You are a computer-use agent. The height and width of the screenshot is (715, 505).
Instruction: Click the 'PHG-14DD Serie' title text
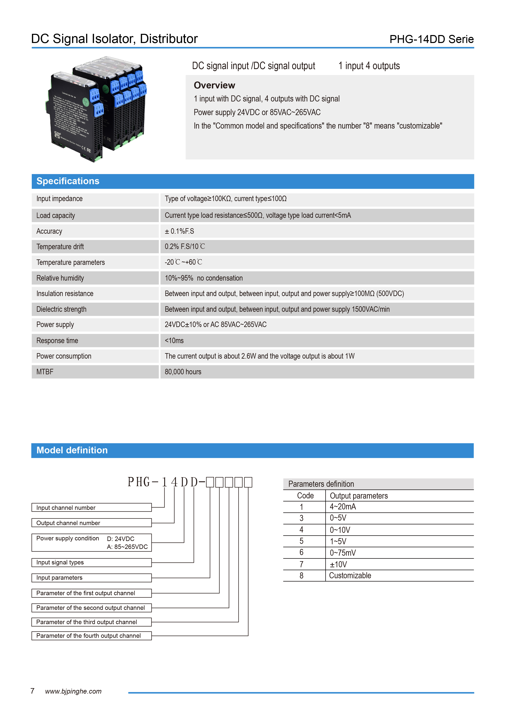(431, 39)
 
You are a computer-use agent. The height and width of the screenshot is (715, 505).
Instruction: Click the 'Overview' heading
(214, 85)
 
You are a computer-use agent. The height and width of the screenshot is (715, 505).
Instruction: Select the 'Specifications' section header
(68, 181)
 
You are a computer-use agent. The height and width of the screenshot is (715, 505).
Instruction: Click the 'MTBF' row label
(45, 372)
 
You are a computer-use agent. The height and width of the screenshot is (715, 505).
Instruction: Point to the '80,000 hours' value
(183, 372)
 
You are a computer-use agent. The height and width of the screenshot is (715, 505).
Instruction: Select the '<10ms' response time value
(174, 341)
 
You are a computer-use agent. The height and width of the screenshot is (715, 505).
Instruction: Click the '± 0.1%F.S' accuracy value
(179, 231)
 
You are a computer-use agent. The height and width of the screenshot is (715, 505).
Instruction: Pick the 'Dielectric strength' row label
(61, 309)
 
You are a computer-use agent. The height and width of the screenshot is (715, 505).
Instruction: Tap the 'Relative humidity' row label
(60, 278)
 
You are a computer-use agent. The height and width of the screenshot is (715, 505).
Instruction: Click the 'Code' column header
(305, 496)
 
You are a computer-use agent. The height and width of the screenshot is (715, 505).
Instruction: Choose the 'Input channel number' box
(91, 508)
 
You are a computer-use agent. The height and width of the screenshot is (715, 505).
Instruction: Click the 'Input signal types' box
(91, 562)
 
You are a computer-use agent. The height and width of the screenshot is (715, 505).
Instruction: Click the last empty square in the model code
(248, 482)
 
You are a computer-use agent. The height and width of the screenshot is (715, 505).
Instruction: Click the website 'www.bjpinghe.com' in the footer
(73, 691)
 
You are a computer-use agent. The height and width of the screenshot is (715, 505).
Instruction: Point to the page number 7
(32, 691)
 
